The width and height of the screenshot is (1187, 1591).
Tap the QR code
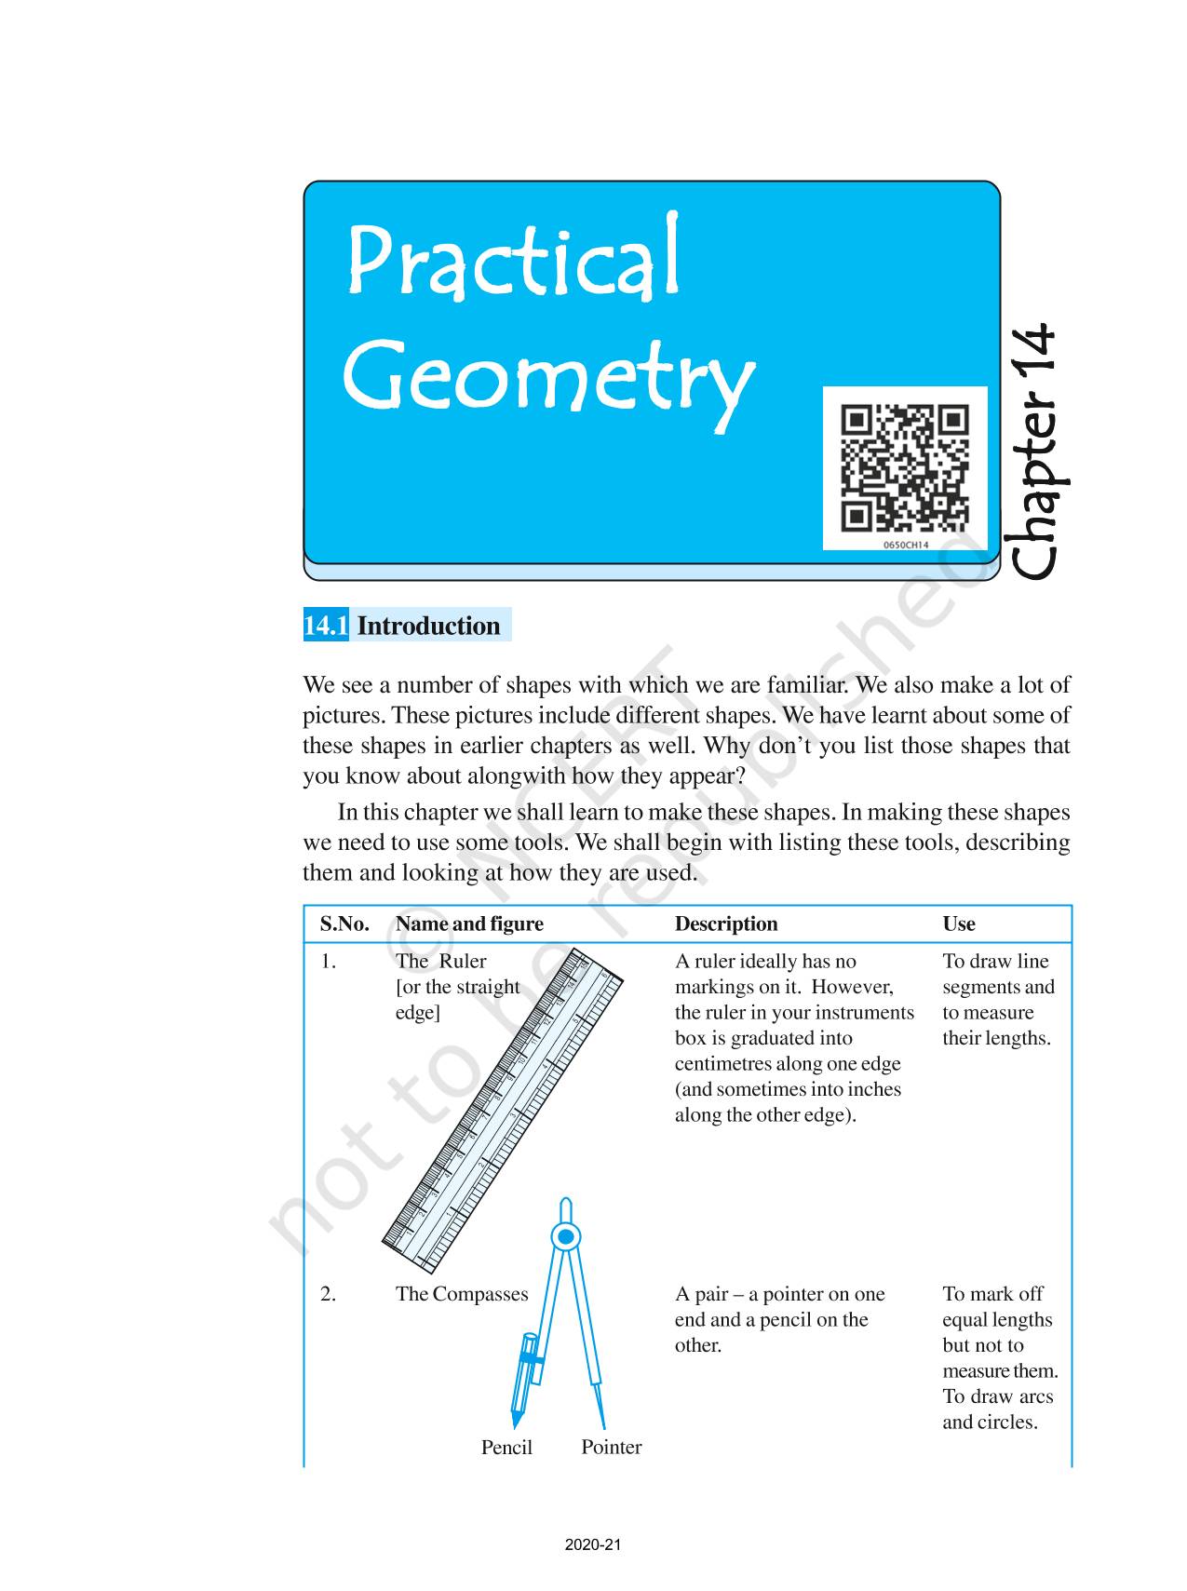pyautogui.click(x=904, y=466)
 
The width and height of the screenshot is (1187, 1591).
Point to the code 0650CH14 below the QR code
pyautogui.click(x=905, y=545)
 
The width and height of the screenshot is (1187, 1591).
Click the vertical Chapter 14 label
pyautogui.click(x=1034, y=452)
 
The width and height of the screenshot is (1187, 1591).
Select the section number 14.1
pyautogui.click(x=326, y=626)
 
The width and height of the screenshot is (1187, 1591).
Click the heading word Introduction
pyautogui.click(x=428, y=626)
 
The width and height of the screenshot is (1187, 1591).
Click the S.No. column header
pyautogui.click(x=344, y=924)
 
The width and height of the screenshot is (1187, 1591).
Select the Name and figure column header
pyautogui.click(x=469, y=924)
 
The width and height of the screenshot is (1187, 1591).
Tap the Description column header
pyautogui.click(x=726, y=924)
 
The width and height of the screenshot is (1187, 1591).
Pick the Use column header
pyautogui.click(x=959, y=924)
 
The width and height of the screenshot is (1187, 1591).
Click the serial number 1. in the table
pyautogui.click(x=329, y=962)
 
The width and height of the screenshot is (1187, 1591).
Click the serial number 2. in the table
pyautogui.click(x=329, y=1294)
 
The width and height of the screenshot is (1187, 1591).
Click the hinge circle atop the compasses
pyautogui.click(x=565, y=1236)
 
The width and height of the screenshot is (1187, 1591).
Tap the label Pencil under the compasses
pyautogui.click(x=506, y=1447)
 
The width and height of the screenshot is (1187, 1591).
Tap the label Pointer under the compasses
pyautogui.click(x=611, y=1447)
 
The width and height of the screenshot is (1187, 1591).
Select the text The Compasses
pyautogui.click(x=461, y=1294)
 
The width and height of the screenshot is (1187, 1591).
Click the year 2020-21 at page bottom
pyautogui.click(x=593, y=1544)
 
